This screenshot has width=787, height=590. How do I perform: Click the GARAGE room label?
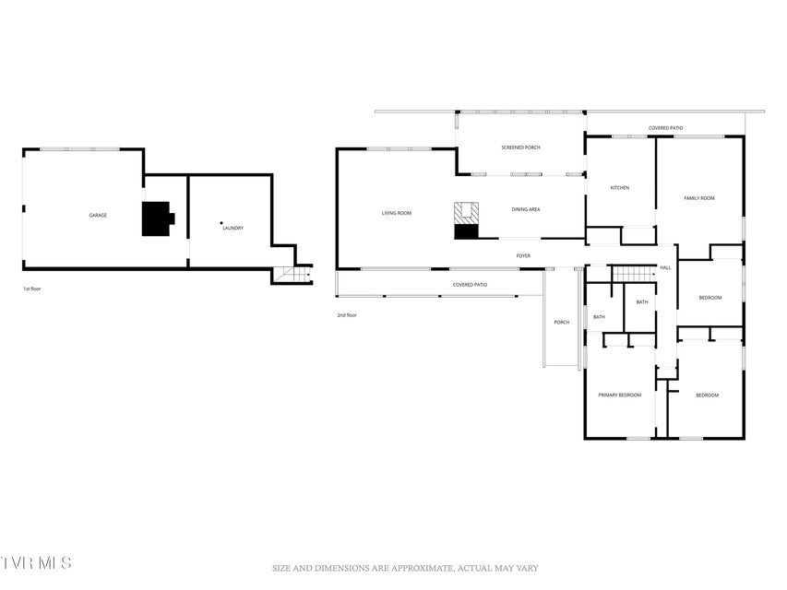(98, 215)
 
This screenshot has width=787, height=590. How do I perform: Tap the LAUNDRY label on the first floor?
(233, 229)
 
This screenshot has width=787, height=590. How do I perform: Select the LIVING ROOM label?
(397, 213)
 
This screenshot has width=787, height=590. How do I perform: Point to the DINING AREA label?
(526, 209)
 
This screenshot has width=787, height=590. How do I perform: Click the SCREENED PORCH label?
(520, 147)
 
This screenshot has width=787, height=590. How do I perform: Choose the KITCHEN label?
(619, 188)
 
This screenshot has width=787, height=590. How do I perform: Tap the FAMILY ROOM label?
(699, 198)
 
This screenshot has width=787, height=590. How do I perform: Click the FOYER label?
(523, 256)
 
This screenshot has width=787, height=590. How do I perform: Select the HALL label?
(665, 268)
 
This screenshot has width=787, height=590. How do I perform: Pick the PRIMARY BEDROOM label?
(620, 395)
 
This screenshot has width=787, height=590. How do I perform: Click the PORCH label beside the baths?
(562, 322)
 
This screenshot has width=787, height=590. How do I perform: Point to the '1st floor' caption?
(32, 289)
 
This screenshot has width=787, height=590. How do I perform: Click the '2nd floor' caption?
(347, 315)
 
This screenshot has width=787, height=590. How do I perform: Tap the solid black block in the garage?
(158, 218)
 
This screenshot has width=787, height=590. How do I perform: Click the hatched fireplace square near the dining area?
(466, 214)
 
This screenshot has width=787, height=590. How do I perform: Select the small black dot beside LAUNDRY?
(221, 223)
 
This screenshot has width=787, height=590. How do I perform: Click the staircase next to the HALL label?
(634, 274)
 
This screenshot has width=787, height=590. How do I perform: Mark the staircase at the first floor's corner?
(292, 275)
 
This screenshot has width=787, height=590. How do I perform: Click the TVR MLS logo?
(36, 562)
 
